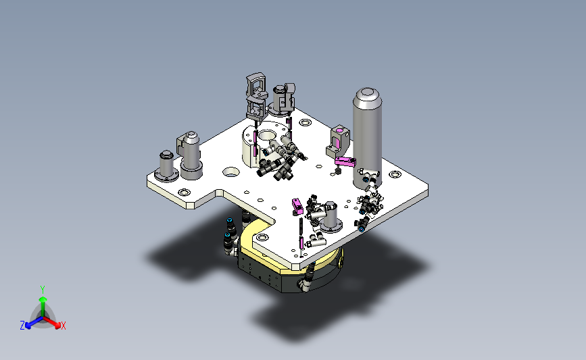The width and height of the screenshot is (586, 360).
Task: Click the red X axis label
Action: [63, 326]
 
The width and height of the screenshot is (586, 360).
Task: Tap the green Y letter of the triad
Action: [43, 290]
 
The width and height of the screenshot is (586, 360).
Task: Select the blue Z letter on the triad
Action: [22, 326]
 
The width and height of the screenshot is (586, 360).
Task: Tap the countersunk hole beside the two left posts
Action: [231, 172]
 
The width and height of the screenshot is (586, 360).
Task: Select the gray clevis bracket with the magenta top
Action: [338, 141]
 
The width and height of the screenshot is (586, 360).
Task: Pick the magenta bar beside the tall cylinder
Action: [345, 161]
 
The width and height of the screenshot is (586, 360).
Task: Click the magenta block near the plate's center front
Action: [297, 207]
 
